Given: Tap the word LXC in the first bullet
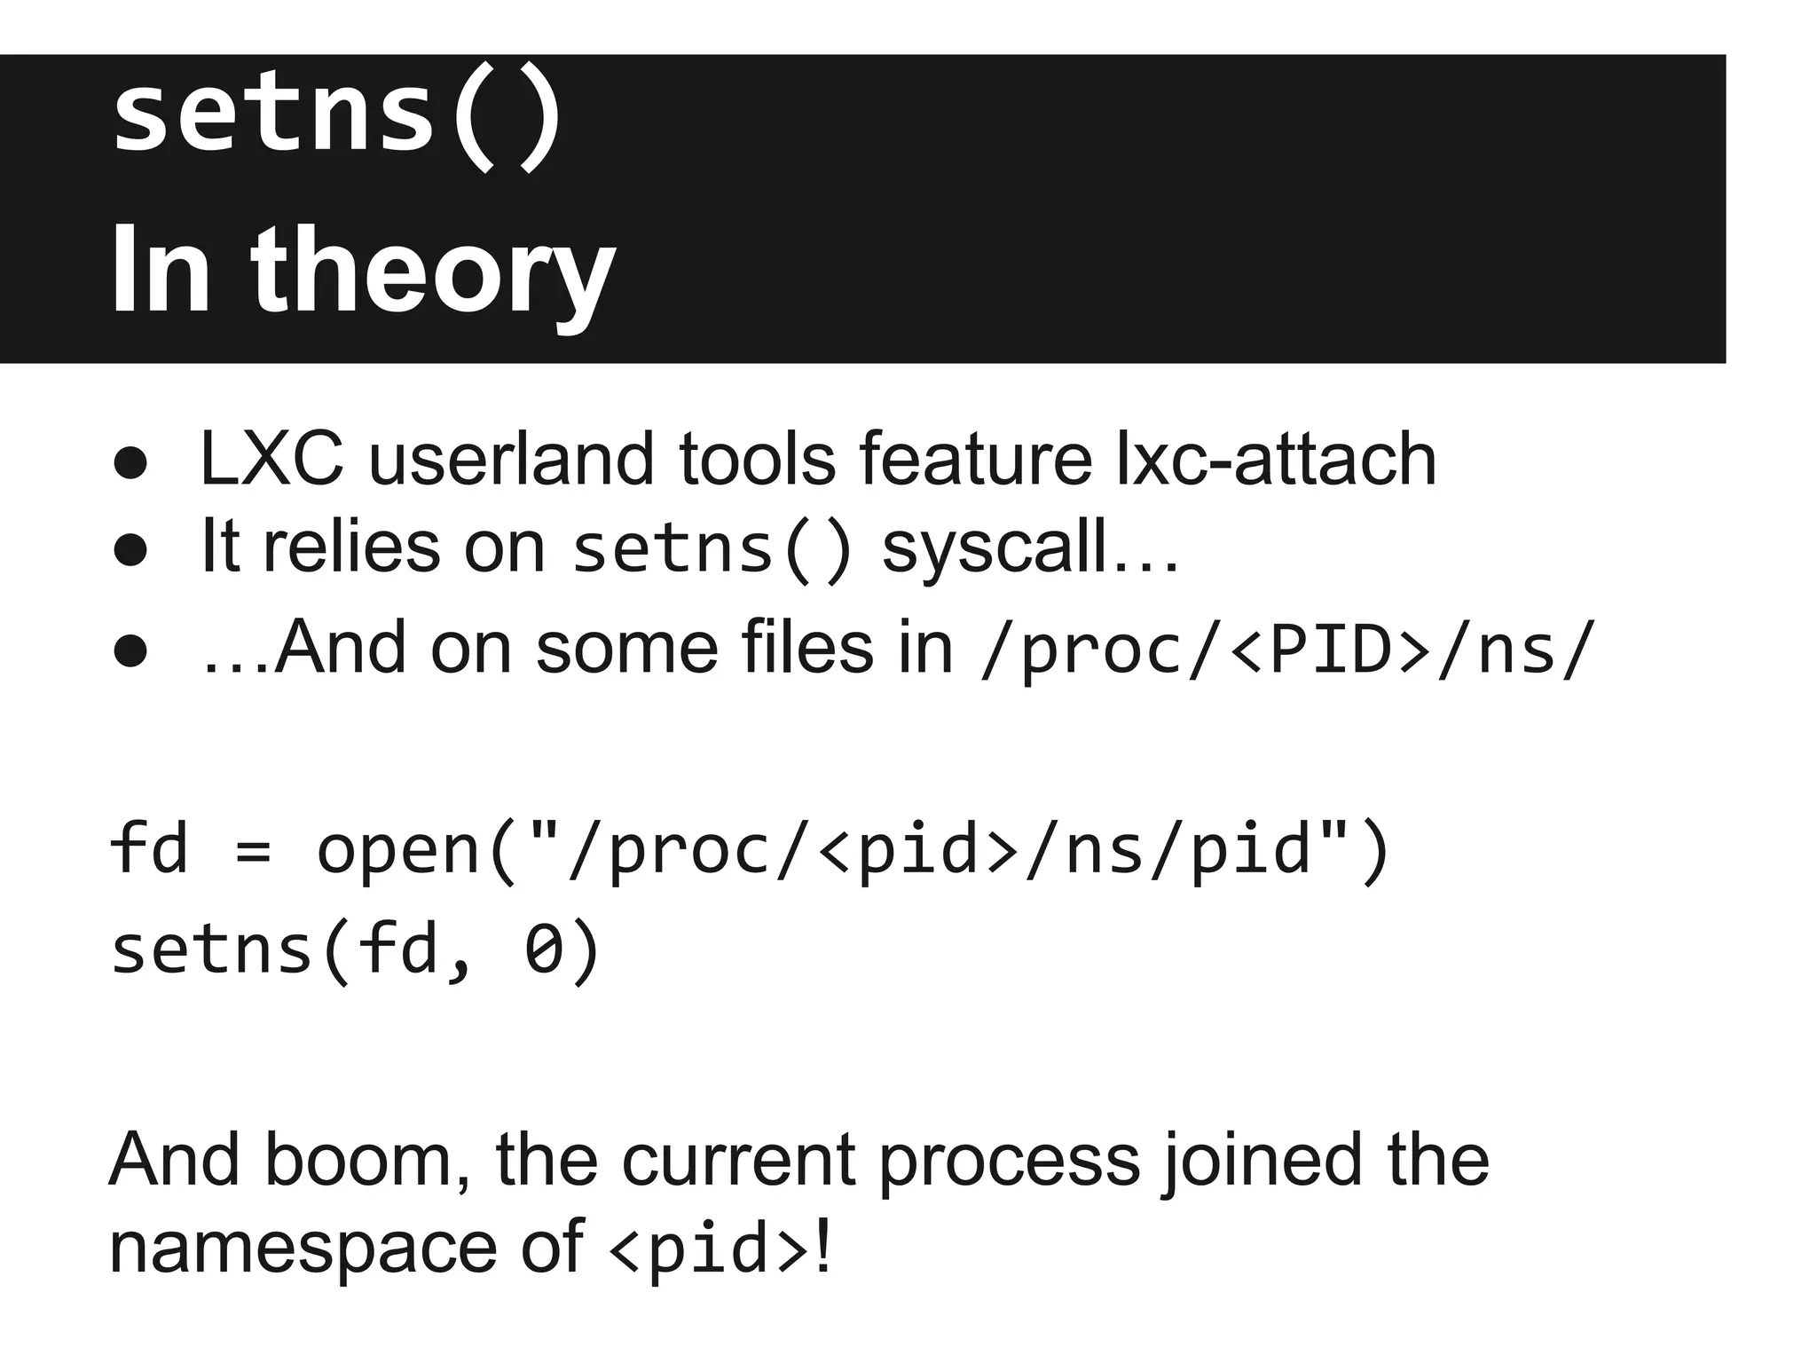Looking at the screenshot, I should [x=271, y=460].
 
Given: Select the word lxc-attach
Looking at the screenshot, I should [x=1275, y=460].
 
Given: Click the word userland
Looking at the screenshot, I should [x=511, y=460].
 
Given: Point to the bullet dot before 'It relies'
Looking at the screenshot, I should [x=130, y=550].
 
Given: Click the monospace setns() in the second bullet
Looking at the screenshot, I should [x=712, y=550].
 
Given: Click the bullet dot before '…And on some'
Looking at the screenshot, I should [x=130, y=650].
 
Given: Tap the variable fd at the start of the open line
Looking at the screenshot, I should [x=149, y=849].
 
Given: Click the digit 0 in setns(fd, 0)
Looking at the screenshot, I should [x=544, y=949].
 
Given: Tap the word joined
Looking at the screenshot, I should [x=1261, y=1161].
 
